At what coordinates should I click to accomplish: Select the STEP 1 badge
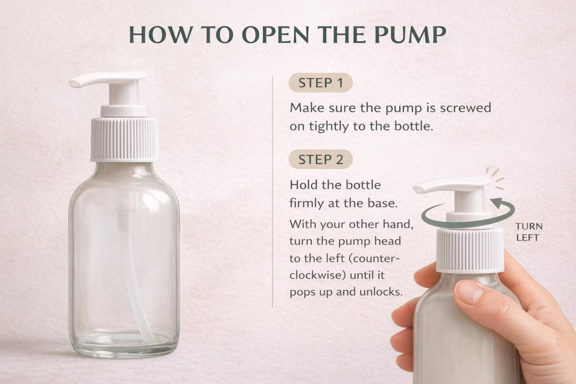coord(320,83)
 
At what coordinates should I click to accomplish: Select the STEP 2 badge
coord(320,160)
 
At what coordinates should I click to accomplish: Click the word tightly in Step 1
coord(328,126)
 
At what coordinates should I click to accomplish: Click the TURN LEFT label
coord(528,232)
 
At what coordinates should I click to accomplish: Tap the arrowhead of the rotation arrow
coord(495,201)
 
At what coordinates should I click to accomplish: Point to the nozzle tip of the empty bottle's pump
coord(74,84)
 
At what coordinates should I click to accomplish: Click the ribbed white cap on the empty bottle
coord(124,139)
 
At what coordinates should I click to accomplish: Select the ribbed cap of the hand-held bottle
coord(470,250)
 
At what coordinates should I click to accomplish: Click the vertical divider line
coord(272,192)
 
